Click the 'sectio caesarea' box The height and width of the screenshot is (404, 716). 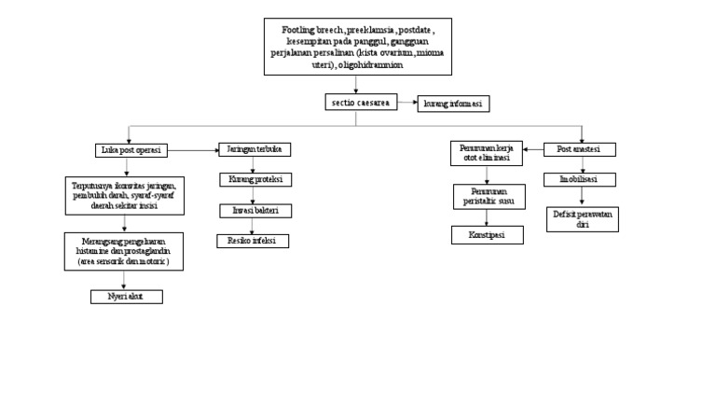(x=357, y=104)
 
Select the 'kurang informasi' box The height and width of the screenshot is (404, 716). (x=453, y=104)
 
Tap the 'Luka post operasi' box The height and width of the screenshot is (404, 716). (x=130, y=149)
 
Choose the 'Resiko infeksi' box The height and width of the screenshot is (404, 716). (x=253, y=241)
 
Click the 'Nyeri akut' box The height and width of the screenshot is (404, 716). (x=127, y=296)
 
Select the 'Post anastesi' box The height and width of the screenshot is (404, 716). (x=580, y=149)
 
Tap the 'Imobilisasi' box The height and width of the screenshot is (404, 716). (x=580, y=179)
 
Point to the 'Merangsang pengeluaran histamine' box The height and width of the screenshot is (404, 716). (x=127, y=251)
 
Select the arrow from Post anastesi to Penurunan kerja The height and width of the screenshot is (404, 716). (x=534, y=149)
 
